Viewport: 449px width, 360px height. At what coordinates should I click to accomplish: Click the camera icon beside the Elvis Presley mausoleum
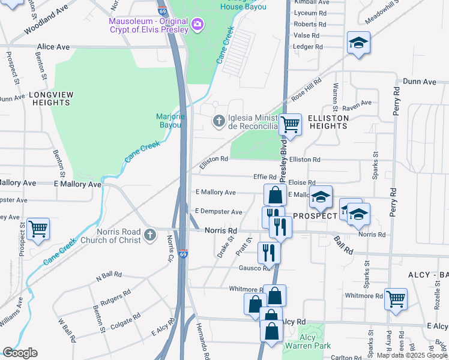point(197,25)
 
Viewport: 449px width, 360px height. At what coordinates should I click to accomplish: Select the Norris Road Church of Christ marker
point(149,232)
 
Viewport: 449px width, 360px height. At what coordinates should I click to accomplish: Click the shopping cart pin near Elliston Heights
point(291,124)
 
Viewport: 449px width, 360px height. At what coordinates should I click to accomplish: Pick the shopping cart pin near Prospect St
point(38,228)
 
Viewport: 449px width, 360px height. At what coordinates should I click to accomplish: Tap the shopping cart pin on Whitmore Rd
point(396,298)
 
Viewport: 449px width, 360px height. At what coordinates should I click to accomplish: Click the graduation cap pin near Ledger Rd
point(358,42)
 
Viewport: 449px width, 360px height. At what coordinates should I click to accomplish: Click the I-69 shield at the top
point(163,10)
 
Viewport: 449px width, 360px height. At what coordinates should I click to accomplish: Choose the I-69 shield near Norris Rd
point(184,254)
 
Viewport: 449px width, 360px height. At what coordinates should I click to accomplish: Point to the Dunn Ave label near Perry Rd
point(420,81)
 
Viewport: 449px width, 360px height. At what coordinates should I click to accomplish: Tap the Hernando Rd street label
point(202,340)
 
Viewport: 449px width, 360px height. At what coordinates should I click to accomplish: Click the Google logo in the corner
point(20,353)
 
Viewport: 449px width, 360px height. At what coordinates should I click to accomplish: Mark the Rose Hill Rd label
point(303,92)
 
